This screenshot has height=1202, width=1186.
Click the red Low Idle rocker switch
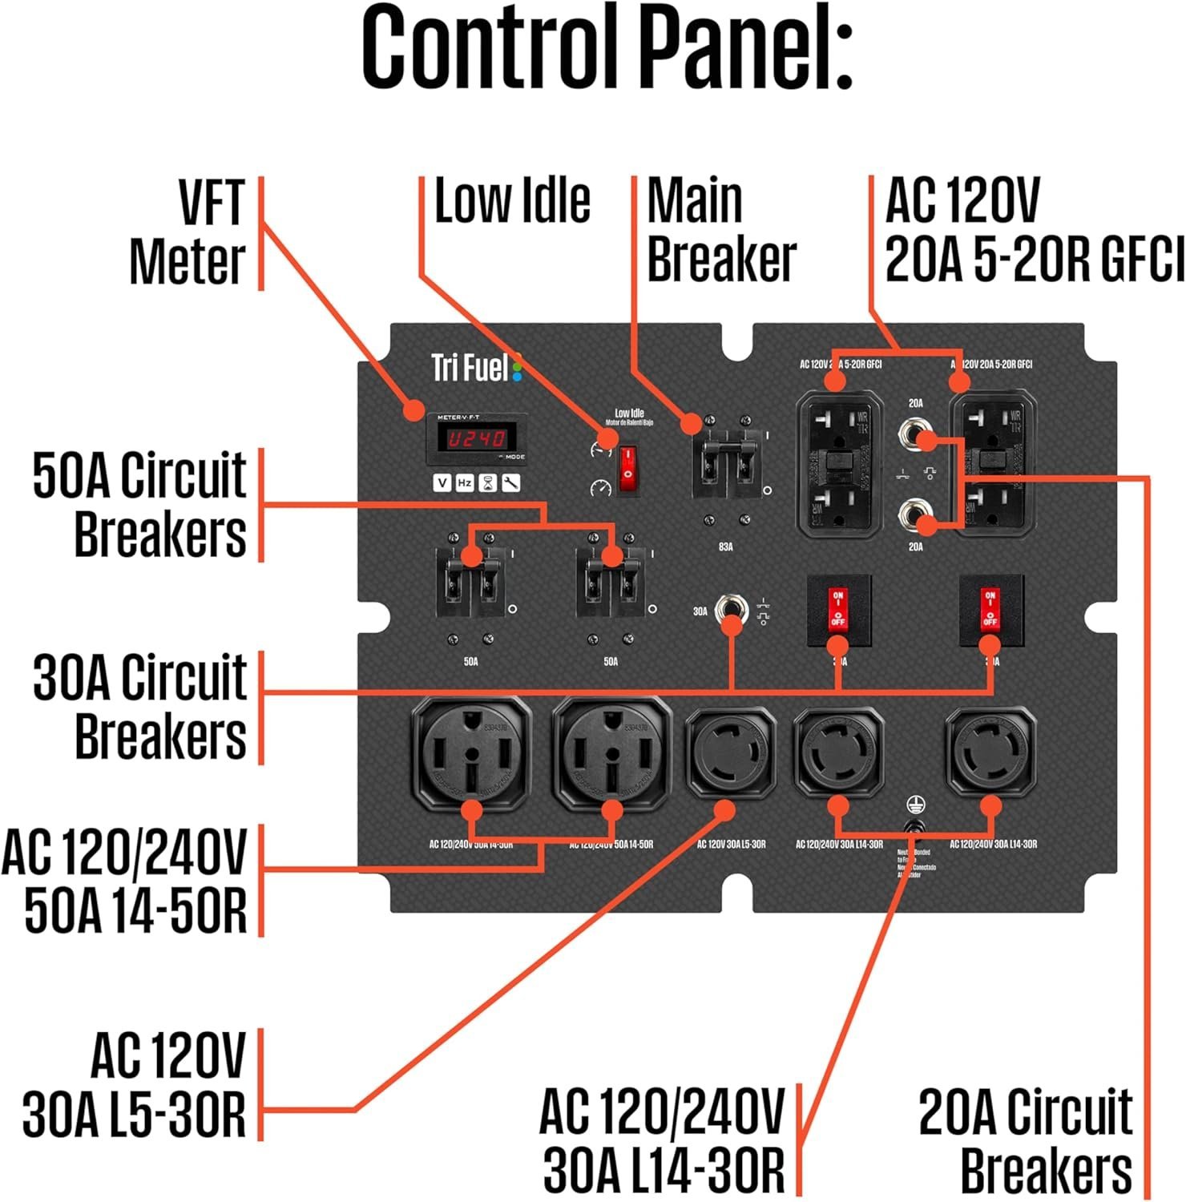click(629, 468)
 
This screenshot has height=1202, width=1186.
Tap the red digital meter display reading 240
click(476, 438)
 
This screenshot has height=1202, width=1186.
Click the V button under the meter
click(442, 482)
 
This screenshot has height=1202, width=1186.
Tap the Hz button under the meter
click(465, 482)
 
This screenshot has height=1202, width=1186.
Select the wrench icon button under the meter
click(510, 482)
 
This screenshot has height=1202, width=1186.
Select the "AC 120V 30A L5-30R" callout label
click(134, 1085)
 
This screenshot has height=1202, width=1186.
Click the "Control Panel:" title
click(607, 50)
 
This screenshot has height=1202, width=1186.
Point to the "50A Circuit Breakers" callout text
click(139, 505)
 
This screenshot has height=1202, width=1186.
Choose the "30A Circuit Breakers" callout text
click(139, 707)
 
